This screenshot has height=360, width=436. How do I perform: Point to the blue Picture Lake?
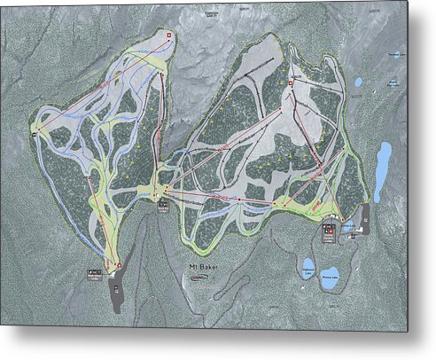(331, 273)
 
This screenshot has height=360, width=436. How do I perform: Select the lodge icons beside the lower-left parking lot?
(96, 275)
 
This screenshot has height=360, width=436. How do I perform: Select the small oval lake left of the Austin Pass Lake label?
(358, 82)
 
